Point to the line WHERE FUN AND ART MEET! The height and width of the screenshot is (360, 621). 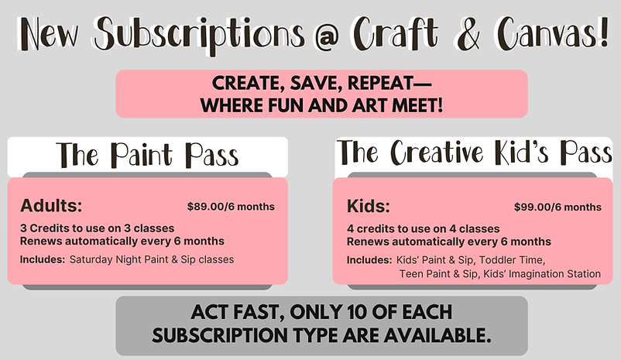coord(321,104)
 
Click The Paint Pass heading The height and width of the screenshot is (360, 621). coord(148,155)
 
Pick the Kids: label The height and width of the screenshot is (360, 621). coord(369,207)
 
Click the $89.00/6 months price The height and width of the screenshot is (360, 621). coord(231,207)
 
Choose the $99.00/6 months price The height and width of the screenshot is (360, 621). coord(558,207)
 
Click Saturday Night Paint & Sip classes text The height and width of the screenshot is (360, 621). coord(152,259)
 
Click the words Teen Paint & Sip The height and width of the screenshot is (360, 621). coord(429,273)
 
